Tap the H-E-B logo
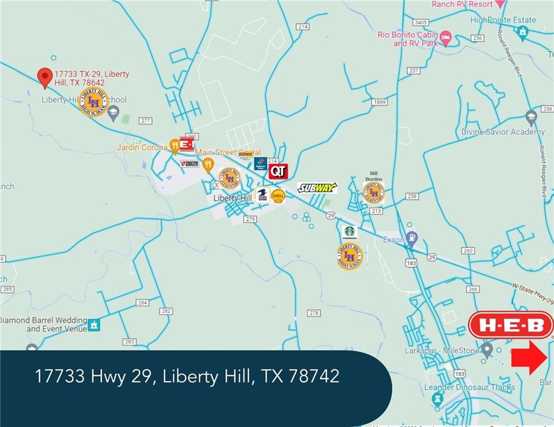tap(511, 325)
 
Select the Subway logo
tap(317, 188)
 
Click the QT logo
tap(278, 171)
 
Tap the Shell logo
tap(278, 196)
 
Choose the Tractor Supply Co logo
tap(189, 163)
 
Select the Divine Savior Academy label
tap(502, 132)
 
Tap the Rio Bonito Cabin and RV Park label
tap(408, 38)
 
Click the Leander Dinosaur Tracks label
tap(469, 387)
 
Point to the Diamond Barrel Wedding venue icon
tap(94, 325)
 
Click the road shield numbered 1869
tap(380, 102)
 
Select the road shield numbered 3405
tap(420, 23)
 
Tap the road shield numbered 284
tap(143, 302)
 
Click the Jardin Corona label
tap(142, 147)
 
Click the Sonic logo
tap(246, 154)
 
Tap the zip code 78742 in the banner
tap(314, 376)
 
